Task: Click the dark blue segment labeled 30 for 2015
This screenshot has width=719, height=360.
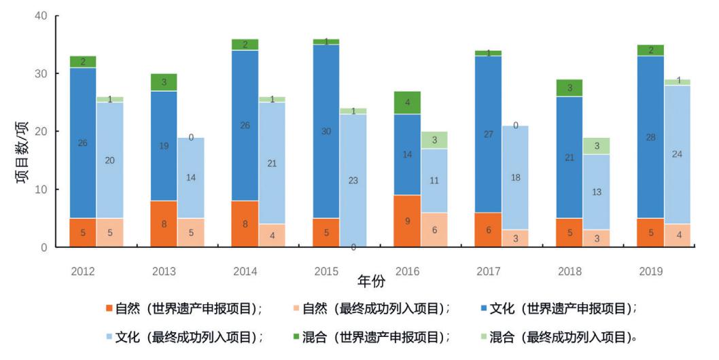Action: (326, 131)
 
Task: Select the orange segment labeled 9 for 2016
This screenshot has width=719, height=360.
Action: (407, 221)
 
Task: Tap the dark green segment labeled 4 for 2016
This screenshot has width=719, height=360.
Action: (407, 103)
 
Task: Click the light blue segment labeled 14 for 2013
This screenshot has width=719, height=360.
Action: (191, 178)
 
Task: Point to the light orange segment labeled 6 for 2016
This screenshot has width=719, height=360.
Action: (434, 230)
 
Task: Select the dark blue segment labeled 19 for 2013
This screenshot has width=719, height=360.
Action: (164, 146)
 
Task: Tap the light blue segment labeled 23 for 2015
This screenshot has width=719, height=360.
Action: (353, 180)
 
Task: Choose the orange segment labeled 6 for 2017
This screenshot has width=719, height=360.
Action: (488, 230)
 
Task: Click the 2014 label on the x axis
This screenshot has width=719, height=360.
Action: (245, 272)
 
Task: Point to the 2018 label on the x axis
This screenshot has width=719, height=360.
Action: (569, 272)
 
